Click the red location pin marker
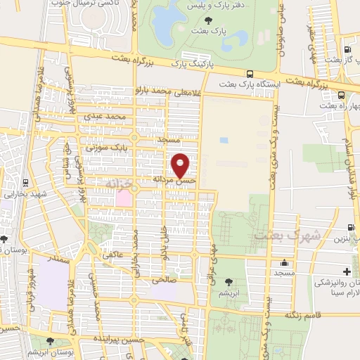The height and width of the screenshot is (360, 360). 181,166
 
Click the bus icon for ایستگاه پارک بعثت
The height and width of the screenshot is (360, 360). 250,73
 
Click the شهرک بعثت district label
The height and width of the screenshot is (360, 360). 289,236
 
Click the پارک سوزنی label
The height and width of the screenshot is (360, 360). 105,148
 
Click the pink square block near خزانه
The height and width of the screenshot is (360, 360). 123,198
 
